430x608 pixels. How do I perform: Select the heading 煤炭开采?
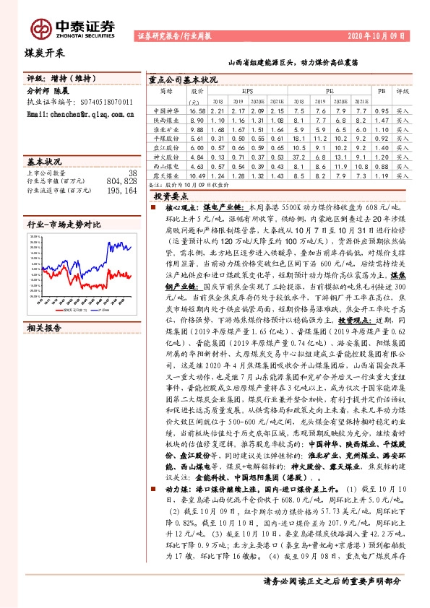click(x=41, y=52)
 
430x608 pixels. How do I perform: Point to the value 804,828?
click(x=121, y=182)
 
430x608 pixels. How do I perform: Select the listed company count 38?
click(x=132, y=173)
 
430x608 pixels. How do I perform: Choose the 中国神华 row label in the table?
click(x=165, y=110)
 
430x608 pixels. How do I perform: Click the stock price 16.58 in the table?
click(x=197, y=110)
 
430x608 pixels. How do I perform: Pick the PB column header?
click(x=382, y=92)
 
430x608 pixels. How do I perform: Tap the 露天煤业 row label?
click(x=165, y=175)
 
